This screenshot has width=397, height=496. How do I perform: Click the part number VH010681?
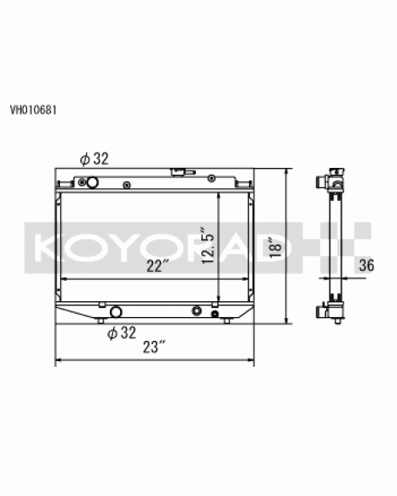tap(33, 110)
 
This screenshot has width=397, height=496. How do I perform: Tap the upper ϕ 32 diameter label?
tap(94, 159)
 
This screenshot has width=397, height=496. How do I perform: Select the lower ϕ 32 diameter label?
tap(122, 332)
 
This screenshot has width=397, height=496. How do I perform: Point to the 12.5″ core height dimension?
tap(208, 245)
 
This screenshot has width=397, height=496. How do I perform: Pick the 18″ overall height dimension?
tap(275, 247)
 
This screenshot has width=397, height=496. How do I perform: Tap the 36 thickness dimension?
tap(367, 265)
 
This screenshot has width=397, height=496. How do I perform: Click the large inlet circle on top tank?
tap(93, 182)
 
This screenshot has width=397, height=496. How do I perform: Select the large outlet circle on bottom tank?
tap(116, 312)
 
